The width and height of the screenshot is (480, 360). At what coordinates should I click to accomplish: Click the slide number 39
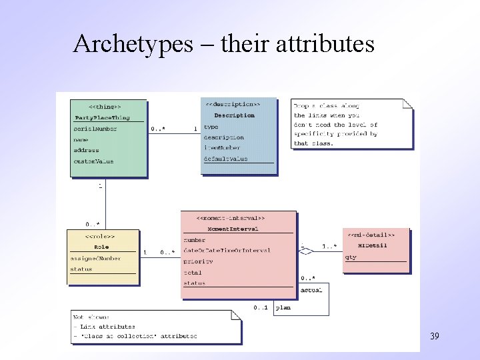pos(435,336)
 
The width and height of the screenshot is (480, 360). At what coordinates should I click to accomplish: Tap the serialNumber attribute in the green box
pos(95,129)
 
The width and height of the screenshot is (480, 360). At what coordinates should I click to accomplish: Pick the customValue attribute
pos(93,161)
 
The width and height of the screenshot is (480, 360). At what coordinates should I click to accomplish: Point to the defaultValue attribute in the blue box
pos(225,159)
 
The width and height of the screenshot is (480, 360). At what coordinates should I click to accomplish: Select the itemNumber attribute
pos(223,148)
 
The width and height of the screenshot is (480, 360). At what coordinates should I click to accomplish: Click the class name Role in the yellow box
pos(101,247)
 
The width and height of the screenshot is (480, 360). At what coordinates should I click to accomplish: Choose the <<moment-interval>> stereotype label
pos(231,218)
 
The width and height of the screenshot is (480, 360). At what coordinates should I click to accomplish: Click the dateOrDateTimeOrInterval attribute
pos(227,250)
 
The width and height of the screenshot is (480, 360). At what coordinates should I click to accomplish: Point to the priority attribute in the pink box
pos(198,261)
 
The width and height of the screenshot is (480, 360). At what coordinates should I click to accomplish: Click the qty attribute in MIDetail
pos(351,257)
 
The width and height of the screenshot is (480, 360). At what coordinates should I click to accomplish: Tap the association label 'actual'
pos(311,290)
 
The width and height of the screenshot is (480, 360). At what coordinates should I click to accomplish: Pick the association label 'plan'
pos(283,307)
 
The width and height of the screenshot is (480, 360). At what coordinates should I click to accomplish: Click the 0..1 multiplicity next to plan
pos(260,307)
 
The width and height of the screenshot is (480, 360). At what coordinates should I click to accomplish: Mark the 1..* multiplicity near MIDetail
pos(329,247)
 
